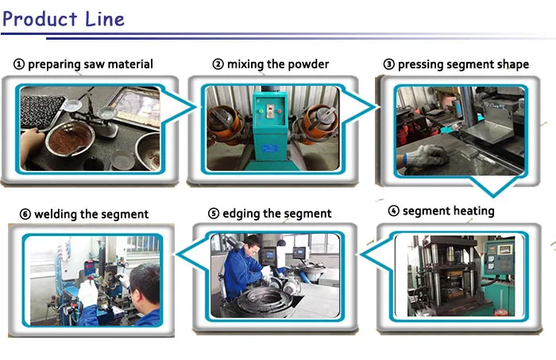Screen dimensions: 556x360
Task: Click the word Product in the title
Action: click(40, 20)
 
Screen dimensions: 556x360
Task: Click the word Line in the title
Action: click(105, 19)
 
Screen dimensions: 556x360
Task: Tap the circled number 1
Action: click(19, 64)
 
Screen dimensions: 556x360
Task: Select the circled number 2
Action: click(218, 64)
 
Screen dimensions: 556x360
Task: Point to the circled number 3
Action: click(389, 64)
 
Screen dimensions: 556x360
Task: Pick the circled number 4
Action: click(394, 211)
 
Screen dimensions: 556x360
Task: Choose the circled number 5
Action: click(214, 214)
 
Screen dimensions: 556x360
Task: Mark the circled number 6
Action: click(25, 215)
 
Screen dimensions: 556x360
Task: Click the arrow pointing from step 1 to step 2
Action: click(179, 106)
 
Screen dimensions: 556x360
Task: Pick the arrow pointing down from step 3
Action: click(493, 186)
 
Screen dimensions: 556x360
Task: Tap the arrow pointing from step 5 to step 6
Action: click(191, 254)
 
